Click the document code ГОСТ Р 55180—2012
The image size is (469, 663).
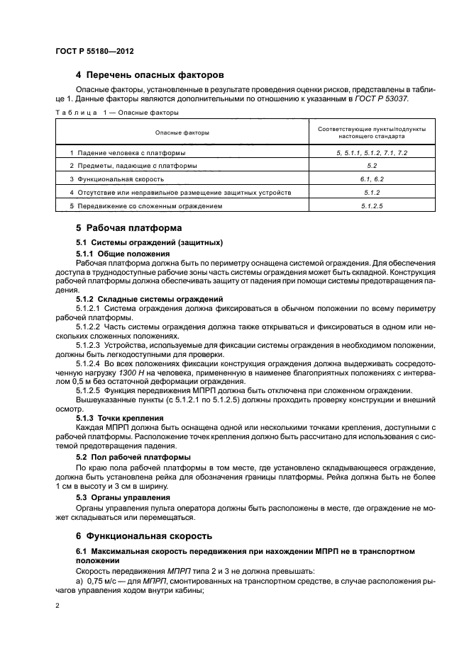tap(94, 52)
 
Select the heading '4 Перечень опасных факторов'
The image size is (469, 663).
tap(150, 74)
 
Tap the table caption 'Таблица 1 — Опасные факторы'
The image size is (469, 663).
tap(117, 112)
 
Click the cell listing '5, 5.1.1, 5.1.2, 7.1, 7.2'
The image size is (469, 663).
tap(373, 153)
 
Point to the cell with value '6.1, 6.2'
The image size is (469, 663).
tap(373, 179)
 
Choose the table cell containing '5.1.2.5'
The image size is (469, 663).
tap(373, 206)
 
